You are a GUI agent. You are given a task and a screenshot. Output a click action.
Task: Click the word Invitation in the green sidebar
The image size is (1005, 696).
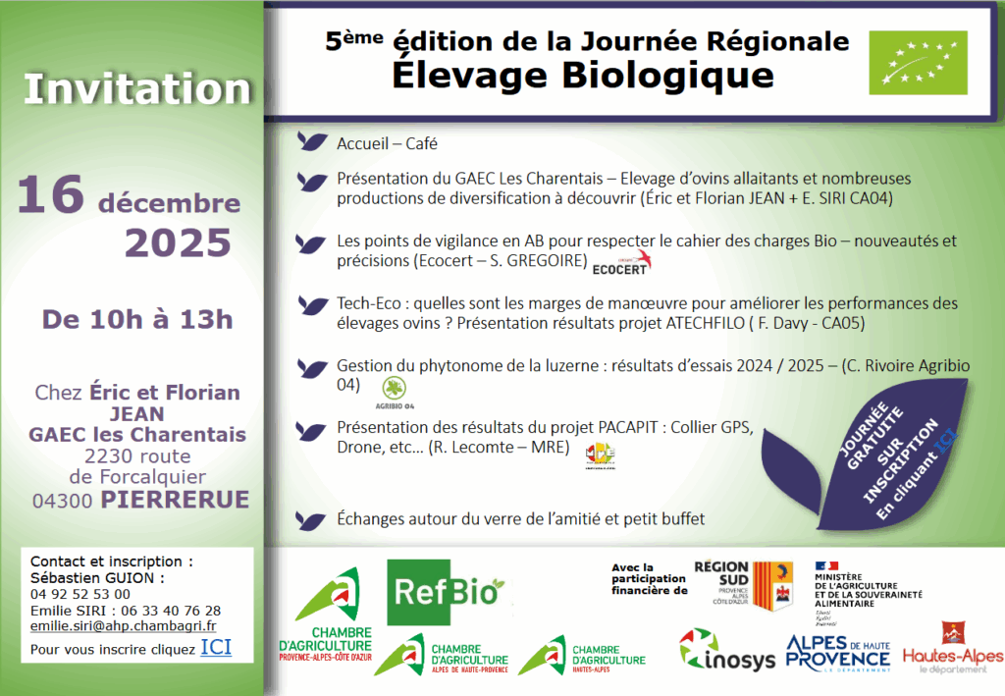[125, 88]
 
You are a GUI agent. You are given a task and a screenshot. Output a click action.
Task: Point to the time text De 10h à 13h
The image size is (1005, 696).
[137, 319]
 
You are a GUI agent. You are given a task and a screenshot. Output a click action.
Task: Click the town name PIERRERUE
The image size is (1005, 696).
[174, 500]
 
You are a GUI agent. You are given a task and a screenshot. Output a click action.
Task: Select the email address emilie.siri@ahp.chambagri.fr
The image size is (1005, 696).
[124, 625]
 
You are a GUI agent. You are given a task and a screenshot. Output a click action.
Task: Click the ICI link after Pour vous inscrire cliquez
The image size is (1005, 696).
[216, 647]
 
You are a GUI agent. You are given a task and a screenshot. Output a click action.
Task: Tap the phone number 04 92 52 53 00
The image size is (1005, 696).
[80, 594]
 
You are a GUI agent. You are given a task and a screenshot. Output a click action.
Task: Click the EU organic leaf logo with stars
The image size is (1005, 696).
[918, 63]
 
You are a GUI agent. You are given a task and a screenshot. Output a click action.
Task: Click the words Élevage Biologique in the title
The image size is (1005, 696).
[583, 75]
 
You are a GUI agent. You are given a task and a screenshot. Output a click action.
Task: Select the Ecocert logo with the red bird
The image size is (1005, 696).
[621, 263]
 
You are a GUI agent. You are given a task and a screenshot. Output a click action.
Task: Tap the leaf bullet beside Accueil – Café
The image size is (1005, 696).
[313, 142]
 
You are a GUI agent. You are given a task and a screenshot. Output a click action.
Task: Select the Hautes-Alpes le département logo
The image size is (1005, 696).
[952, 648]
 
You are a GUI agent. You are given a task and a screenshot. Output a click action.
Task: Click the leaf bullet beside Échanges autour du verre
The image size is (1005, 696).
[313, 519]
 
